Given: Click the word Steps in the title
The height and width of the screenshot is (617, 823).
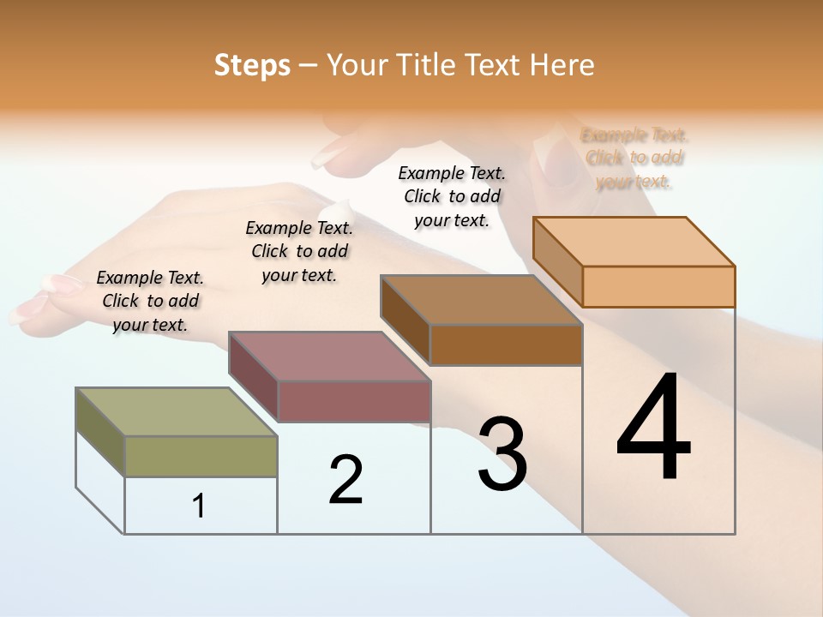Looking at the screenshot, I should point(252,66).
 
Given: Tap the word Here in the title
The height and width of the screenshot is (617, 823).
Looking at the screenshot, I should point(562,66).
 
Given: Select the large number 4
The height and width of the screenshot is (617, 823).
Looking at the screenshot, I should point(653,428).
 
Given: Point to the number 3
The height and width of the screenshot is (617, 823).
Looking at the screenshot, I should point(502,454).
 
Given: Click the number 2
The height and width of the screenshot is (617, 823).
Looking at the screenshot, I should point(346,480).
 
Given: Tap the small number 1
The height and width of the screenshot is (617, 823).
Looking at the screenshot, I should point(199,506).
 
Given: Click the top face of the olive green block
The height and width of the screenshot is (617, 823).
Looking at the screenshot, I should point(177,411).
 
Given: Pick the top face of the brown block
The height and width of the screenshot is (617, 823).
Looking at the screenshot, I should point(481,300).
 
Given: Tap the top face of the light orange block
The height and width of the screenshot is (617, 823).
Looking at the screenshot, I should point(634,241).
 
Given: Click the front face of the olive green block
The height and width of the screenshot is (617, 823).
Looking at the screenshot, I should point(201,456).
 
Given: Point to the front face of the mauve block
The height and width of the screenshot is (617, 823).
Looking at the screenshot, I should point(353,401).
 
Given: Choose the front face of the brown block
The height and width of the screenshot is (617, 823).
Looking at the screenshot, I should point(506,344).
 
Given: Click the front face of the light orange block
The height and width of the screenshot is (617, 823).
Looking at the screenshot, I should point(658,286).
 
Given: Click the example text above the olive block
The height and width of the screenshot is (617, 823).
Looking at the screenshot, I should point(150,301).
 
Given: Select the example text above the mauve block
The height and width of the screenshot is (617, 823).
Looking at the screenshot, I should point(299,251).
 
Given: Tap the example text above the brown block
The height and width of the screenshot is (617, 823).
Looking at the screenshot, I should point(452,196).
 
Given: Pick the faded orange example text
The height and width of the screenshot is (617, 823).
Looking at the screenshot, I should point(634,158).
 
